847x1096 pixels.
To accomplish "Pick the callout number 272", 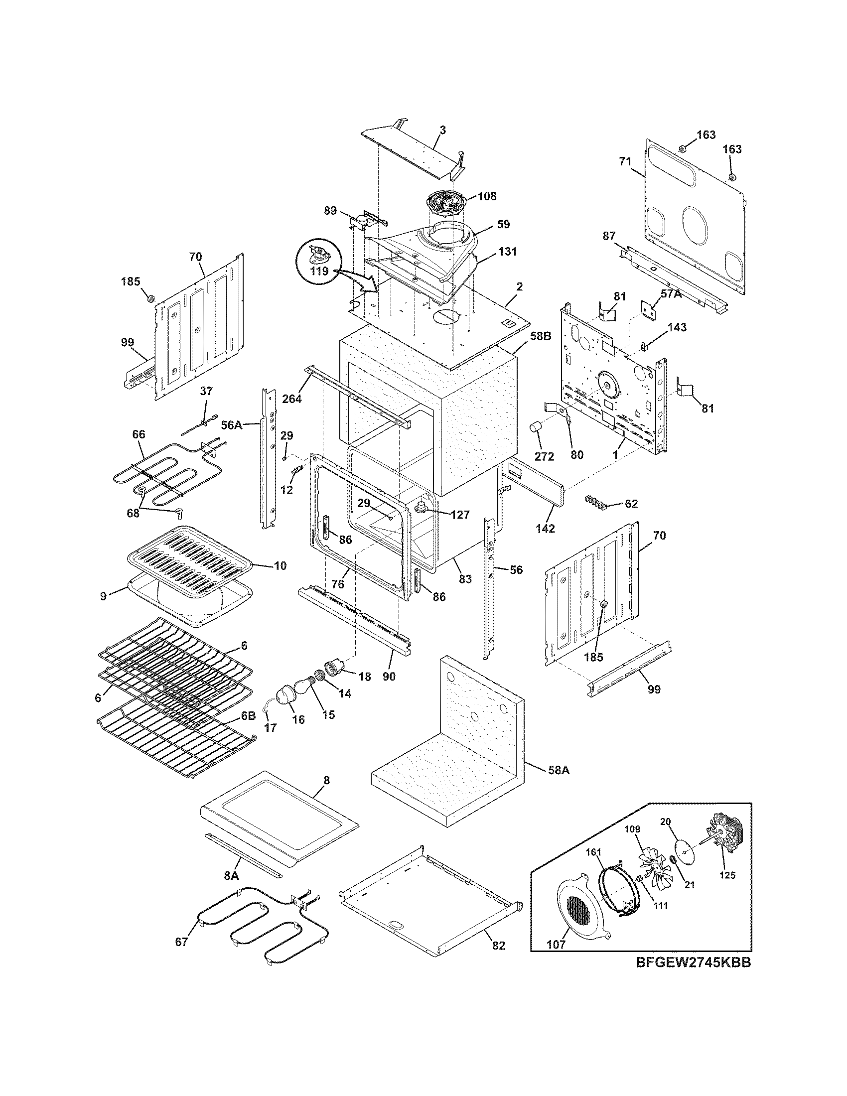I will click(x=544, y=456).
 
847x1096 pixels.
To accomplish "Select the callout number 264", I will click(x=292, y=399).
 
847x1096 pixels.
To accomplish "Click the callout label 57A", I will click(x=670, y=294).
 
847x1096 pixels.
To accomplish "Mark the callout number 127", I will click(x=460, y=515).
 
